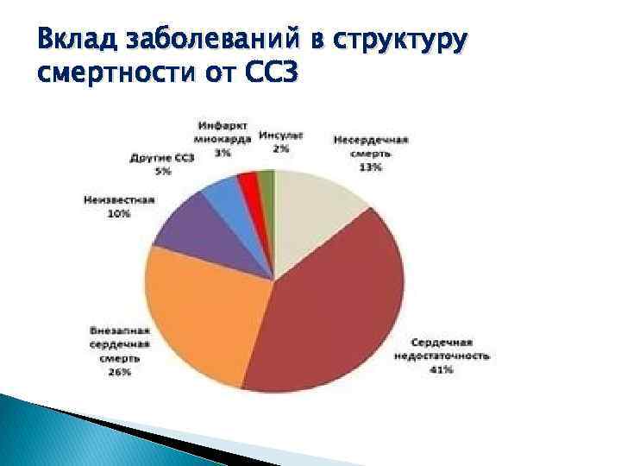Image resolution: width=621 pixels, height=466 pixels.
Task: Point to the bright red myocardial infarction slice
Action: pos(248,183)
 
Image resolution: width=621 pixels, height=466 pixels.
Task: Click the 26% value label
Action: pos(120,372)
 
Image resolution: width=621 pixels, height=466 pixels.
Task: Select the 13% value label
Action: pos(370,167)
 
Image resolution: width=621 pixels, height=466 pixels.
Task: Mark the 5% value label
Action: pos(163,171)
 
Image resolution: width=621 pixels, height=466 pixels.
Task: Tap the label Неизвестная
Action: pos(119,200)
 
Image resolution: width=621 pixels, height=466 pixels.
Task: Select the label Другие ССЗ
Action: pos(163,158)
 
